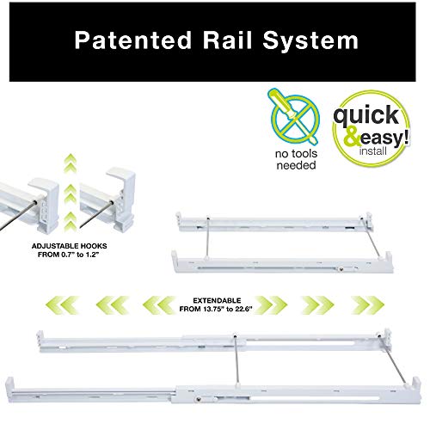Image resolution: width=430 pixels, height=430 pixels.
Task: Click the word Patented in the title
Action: tap(133, 40)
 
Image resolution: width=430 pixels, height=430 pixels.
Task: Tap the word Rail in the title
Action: tap(227, 40)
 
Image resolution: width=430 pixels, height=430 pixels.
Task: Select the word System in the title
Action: tap(310, 41)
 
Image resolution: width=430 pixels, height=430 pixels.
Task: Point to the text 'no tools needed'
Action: tap(296, 159)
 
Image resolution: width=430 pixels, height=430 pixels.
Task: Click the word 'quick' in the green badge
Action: tap(366, 115)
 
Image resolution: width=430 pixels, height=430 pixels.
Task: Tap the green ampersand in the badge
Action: tap(352, 137)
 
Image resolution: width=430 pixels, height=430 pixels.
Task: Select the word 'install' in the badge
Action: tap(373, 150)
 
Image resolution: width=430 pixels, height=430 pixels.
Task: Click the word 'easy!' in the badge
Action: tap(384, 138)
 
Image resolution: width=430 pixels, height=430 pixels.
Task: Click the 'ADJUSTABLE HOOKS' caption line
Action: tap(69, 246)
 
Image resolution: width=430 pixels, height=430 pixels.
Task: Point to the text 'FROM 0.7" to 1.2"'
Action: tap(69, 255)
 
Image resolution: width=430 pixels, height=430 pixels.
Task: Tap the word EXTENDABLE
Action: tap(217, 300)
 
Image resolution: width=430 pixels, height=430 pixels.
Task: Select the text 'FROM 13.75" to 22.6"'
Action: tap(216, 309)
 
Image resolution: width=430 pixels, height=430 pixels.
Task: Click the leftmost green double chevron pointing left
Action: tap(62, 305)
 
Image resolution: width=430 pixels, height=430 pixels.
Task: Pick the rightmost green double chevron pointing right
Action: tap(367, 305)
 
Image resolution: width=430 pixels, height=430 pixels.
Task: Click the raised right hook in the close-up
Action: tap(121, 199)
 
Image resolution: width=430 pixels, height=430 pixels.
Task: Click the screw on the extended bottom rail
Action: tap(198, 398)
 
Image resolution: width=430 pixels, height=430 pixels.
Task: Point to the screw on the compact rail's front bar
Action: tap(341, 269)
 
